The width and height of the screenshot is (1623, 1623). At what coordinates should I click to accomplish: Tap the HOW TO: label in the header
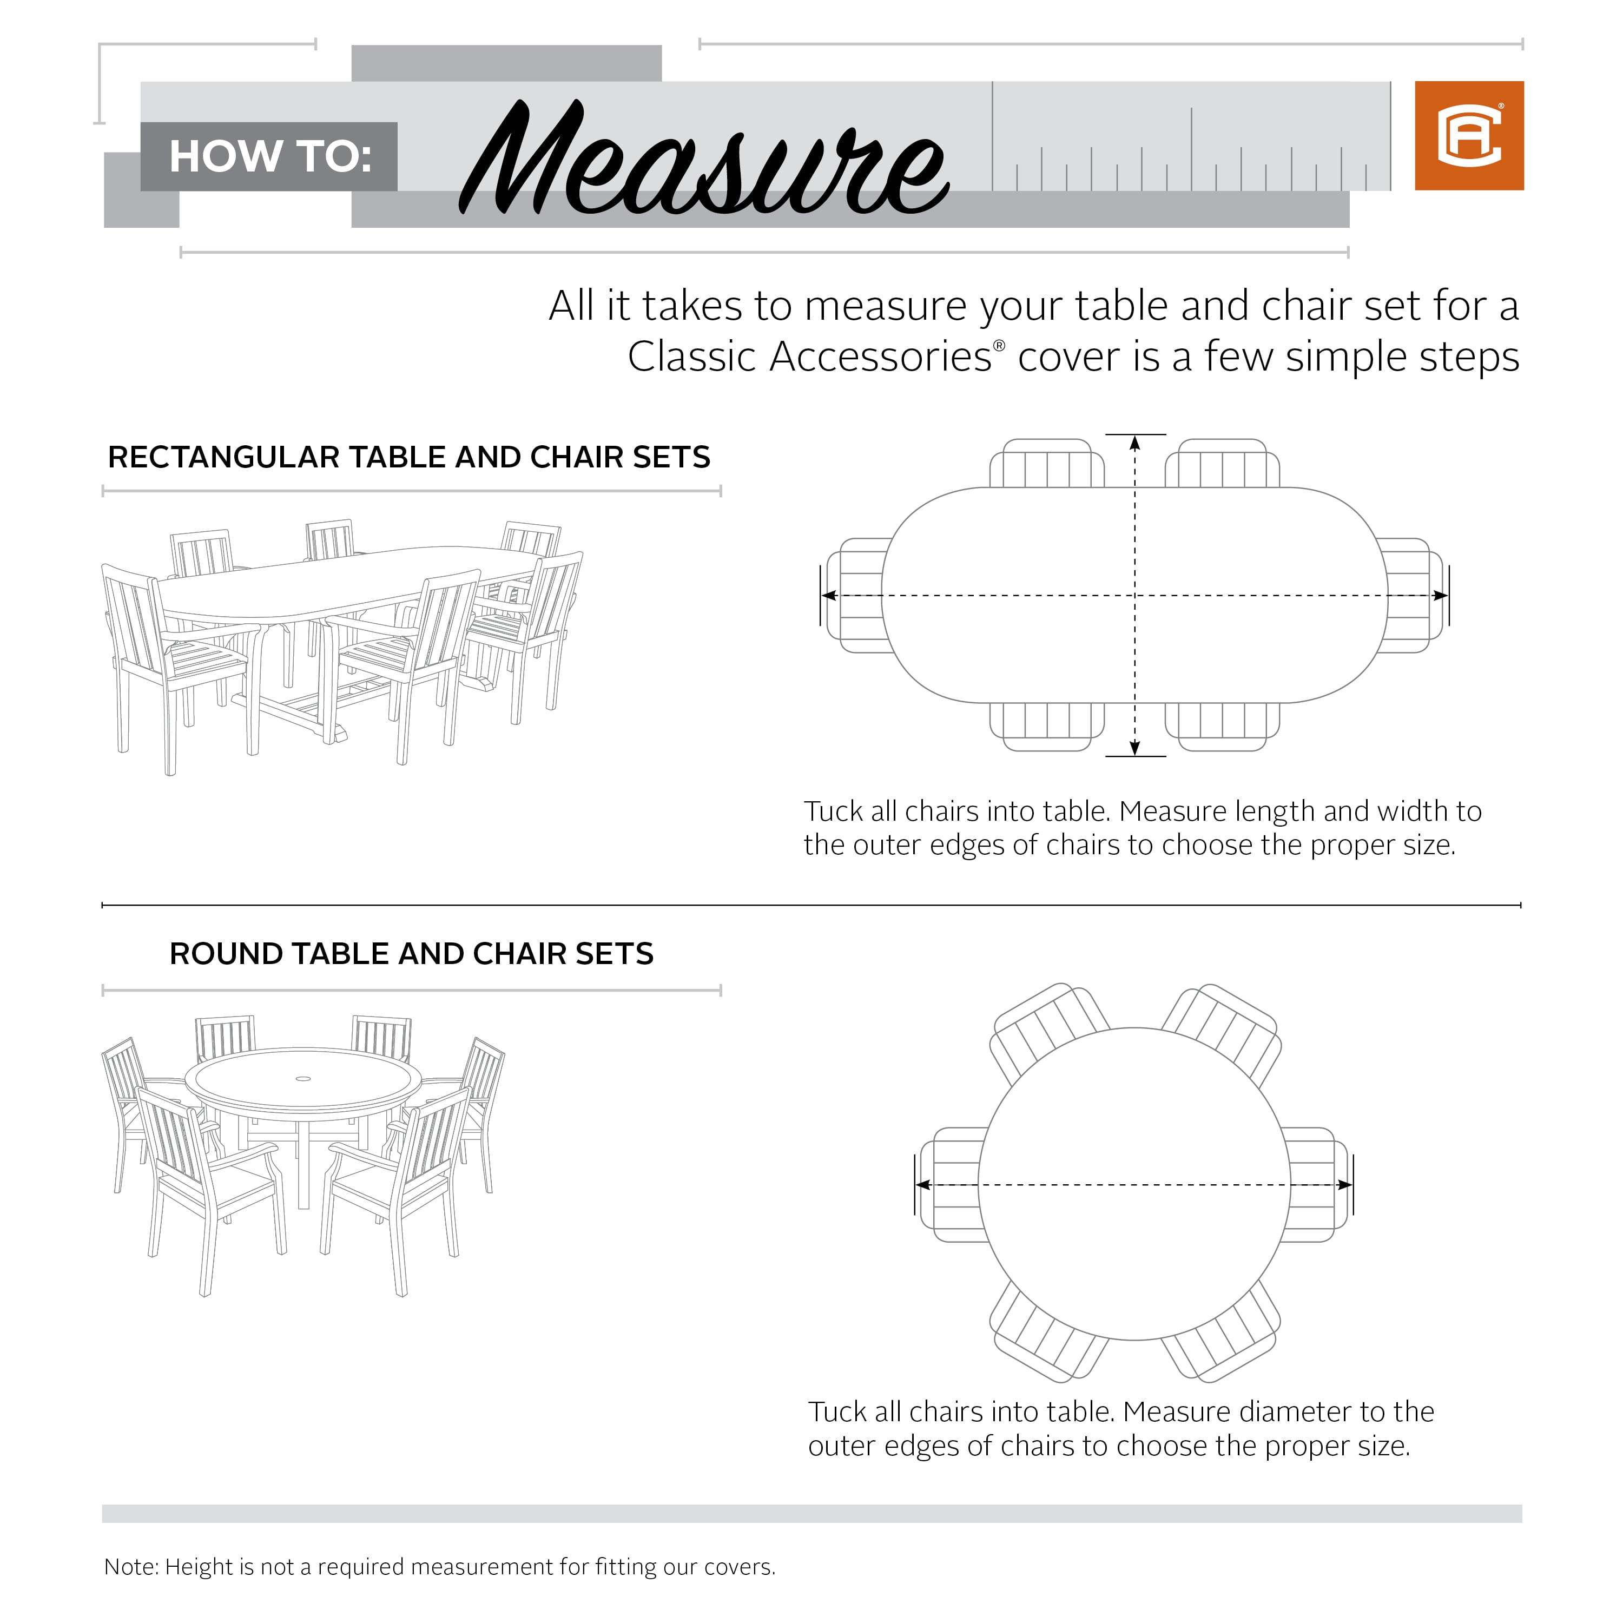[x=269, y=156]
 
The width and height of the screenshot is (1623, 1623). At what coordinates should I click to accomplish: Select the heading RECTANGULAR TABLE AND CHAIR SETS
[x=409, y=457]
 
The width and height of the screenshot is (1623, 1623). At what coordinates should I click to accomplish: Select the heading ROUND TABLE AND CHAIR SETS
[x=411, y=953]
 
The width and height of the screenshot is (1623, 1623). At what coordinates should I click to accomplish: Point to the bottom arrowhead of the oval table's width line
[x=1135, y=748]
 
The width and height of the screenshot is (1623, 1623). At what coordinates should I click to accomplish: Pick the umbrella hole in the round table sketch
[x=304, y=1078]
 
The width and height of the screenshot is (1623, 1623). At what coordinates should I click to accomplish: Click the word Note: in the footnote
[x=131, y=1567]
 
